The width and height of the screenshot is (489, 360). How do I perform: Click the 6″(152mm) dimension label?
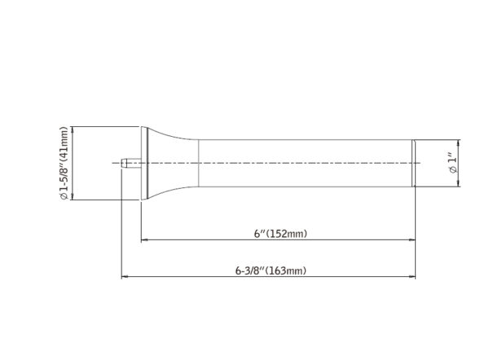280,234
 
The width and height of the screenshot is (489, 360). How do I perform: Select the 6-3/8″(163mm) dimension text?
271,270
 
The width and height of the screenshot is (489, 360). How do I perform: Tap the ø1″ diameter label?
452,163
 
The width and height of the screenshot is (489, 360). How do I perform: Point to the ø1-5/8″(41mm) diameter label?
64,163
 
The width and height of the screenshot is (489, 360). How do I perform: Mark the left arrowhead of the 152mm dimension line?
143,240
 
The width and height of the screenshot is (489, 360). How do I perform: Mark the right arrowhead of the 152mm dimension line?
412,240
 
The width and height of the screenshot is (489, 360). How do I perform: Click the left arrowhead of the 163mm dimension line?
124,276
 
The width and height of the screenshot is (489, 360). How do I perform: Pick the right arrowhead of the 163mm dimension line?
412,276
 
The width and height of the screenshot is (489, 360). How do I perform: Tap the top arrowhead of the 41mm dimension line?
73,130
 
